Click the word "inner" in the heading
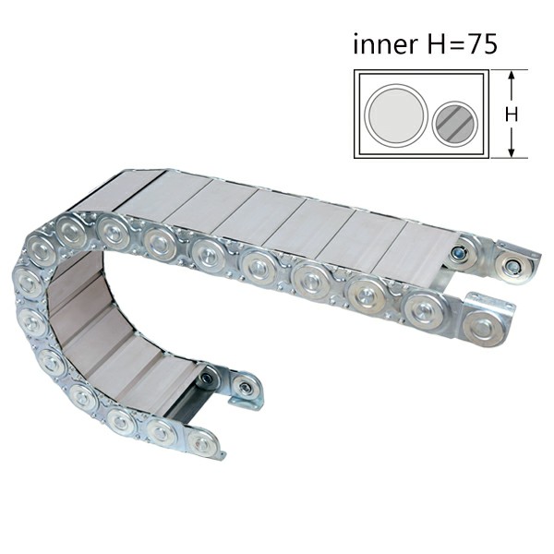coord(385,44)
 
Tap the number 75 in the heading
coord(483,44)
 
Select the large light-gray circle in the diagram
coord(396,114)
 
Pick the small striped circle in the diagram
coord(454,124)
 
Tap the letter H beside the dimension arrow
coord(512,114)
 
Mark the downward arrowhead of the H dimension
coord(512,152)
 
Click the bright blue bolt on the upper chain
coord(461,253)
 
